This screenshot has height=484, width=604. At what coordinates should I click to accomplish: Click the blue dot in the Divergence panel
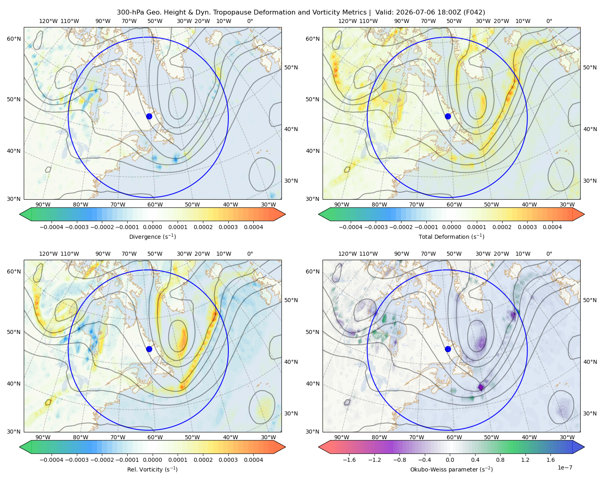pyautogui.click(x=149, y=116)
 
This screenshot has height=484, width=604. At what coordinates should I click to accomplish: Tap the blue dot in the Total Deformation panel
pyautogui.click(x=448, y=116)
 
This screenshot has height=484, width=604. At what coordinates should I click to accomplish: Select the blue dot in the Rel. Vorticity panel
pyautogui.click(x=149, y=349)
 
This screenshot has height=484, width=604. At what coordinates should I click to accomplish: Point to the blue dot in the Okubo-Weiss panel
pyautogui.click(x=448, y=349)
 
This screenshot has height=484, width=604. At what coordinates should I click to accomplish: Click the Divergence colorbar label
pyautogui.click(x=152, y=236)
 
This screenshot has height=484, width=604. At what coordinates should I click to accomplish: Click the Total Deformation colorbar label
pyautogui.click(x=451, y=236)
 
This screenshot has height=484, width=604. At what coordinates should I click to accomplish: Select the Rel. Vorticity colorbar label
pyautogui.click(x=152, y=469)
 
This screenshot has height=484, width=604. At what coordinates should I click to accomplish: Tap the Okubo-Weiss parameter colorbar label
pyautogui.click(x=451, y=469)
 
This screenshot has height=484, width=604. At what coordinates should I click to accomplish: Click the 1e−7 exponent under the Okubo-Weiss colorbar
pyautogui.click(x=565, y=467)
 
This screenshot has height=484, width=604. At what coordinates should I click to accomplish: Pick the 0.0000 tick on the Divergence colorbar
pyautogui.click(x=152, y=227)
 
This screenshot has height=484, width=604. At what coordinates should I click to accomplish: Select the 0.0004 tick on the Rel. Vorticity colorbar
pyautogui.click(x=253, y=460)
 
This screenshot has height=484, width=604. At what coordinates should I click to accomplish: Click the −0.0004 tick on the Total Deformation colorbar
pyautogui.click(x=351, y=227)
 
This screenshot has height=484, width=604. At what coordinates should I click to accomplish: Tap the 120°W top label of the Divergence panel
pyautogui.click(x=48, y=21)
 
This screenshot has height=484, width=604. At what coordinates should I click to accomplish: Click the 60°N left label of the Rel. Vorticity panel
pyautogui.click(x=14, y=271)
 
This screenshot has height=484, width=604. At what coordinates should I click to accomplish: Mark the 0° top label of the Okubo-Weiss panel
pyautogui.click(x=549, y=254)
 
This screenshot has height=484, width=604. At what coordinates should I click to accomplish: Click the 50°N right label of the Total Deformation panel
pyautogui.click(x=590, y=67)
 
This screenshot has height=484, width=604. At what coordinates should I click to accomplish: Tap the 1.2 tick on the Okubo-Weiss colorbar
pyautogui.click(x=525, y=460)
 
